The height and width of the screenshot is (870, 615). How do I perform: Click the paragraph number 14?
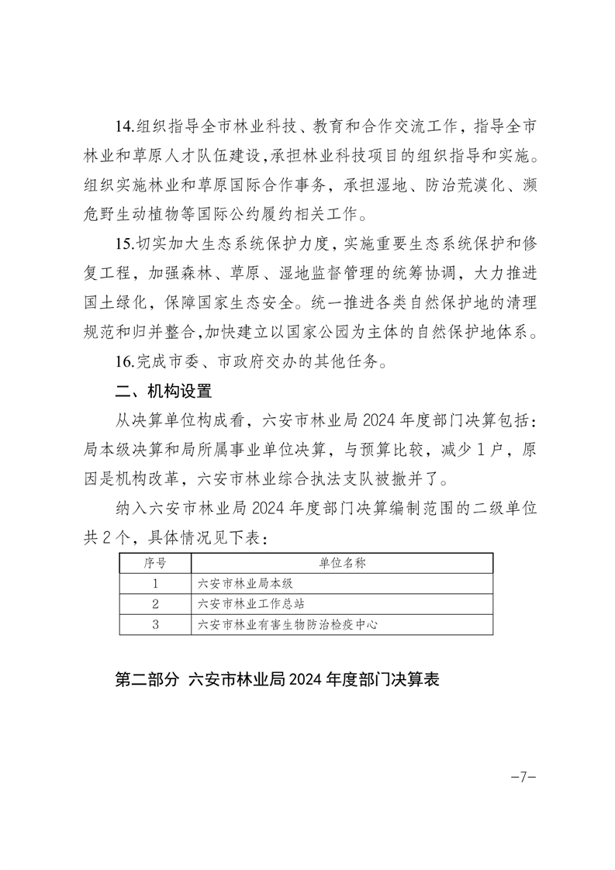[x=125, y=126]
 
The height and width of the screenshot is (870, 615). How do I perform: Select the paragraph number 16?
[x=125, y=361]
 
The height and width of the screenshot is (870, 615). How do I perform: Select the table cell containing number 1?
[x=156, y=584]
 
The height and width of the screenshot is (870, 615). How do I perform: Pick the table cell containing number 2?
[x=156, y=604]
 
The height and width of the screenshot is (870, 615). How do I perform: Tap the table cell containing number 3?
[x=156, y=624]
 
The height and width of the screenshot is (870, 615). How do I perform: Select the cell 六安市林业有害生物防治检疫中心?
[x=288, y=624]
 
